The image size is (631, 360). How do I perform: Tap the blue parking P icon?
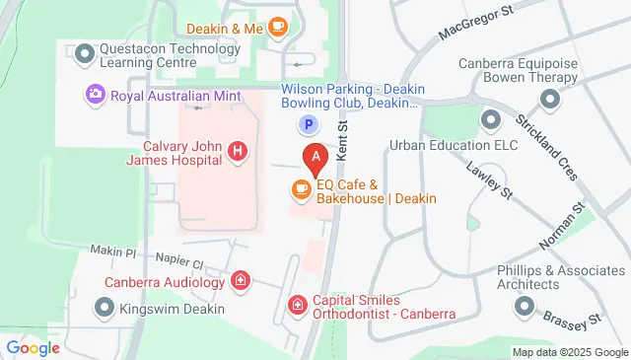tap(309, 124)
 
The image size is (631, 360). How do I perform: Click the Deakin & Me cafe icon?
tap(278, 28)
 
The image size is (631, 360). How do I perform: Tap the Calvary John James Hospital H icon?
tap(237, 151)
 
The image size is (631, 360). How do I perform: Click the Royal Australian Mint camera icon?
tap(96, 96)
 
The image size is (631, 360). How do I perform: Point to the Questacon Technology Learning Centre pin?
tap(84, 52)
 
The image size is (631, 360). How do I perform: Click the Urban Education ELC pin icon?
tap(490, 120)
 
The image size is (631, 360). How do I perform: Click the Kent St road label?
tap(342, 140)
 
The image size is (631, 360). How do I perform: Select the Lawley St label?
tap(492, 181)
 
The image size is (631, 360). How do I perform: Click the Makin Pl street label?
tap(111, 251)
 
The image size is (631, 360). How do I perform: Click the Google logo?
tap(33, 347)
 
